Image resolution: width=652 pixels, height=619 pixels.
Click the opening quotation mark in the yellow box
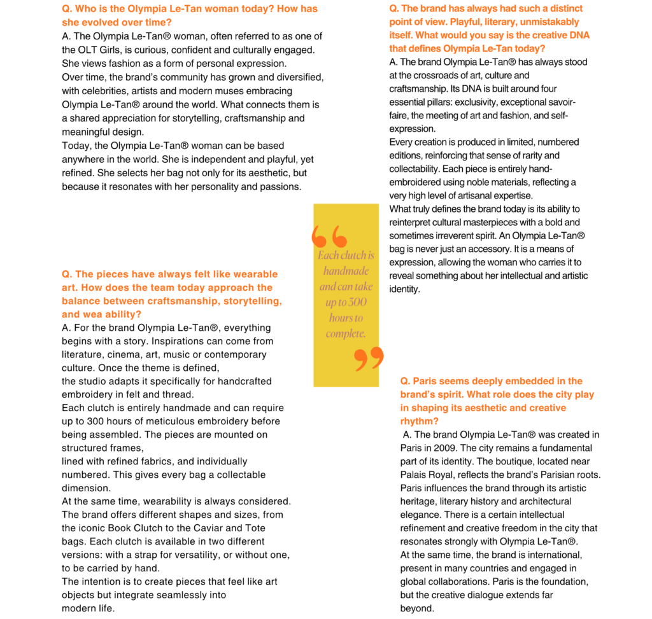[329, 236]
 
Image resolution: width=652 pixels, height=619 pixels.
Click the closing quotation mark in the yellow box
[369, 358]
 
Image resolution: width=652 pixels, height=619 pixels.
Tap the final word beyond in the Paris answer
[416, 608]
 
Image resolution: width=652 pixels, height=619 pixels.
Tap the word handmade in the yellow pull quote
[346, 271]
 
